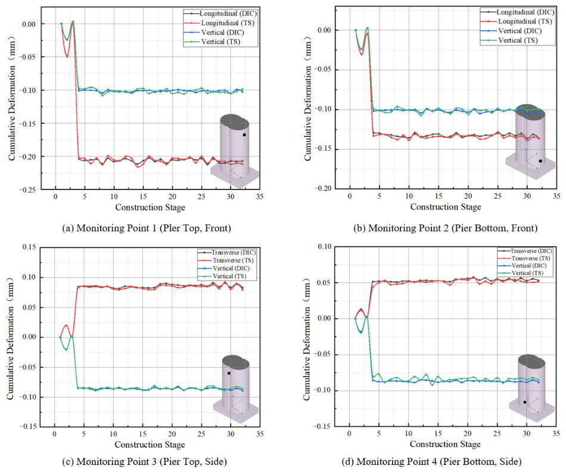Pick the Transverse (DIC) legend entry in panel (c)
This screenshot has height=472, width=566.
[x=226, y=253]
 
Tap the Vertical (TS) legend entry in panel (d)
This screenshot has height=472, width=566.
[x=521, y=273]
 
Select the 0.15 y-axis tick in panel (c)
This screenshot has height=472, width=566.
[x=29, y=247]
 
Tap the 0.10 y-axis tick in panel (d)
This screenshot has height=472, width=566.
[x=324, y=246]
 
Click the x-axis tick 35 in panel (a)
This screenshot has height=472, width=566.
[x=260, y=197]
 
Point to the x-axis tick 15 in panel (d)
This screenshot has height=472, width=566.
[x=438, y=433]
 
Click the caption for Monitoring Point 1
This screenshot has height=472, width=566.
[x=147, y=228]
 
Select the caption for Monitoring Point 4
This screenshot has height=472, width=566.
[x=432, y=461]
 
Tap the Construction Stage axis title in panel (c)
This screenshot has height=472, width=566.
[x=150, y=445]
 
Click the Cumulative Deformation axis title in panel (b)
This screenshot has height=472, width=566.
[x=307, y=98]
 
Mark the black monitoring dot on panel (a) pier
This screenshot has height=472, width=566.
[x=244, y=135]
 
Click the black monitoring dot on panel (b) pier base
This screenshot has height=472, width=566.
[x=540, y=161]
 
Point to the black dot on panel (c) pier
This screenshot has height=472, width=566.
[x=229, y=373]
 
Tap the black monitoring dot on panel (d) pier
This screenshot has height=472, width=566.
[x=525, y=402]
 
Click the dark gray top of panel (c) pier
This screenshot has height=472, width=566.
[x=236, y=362]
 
